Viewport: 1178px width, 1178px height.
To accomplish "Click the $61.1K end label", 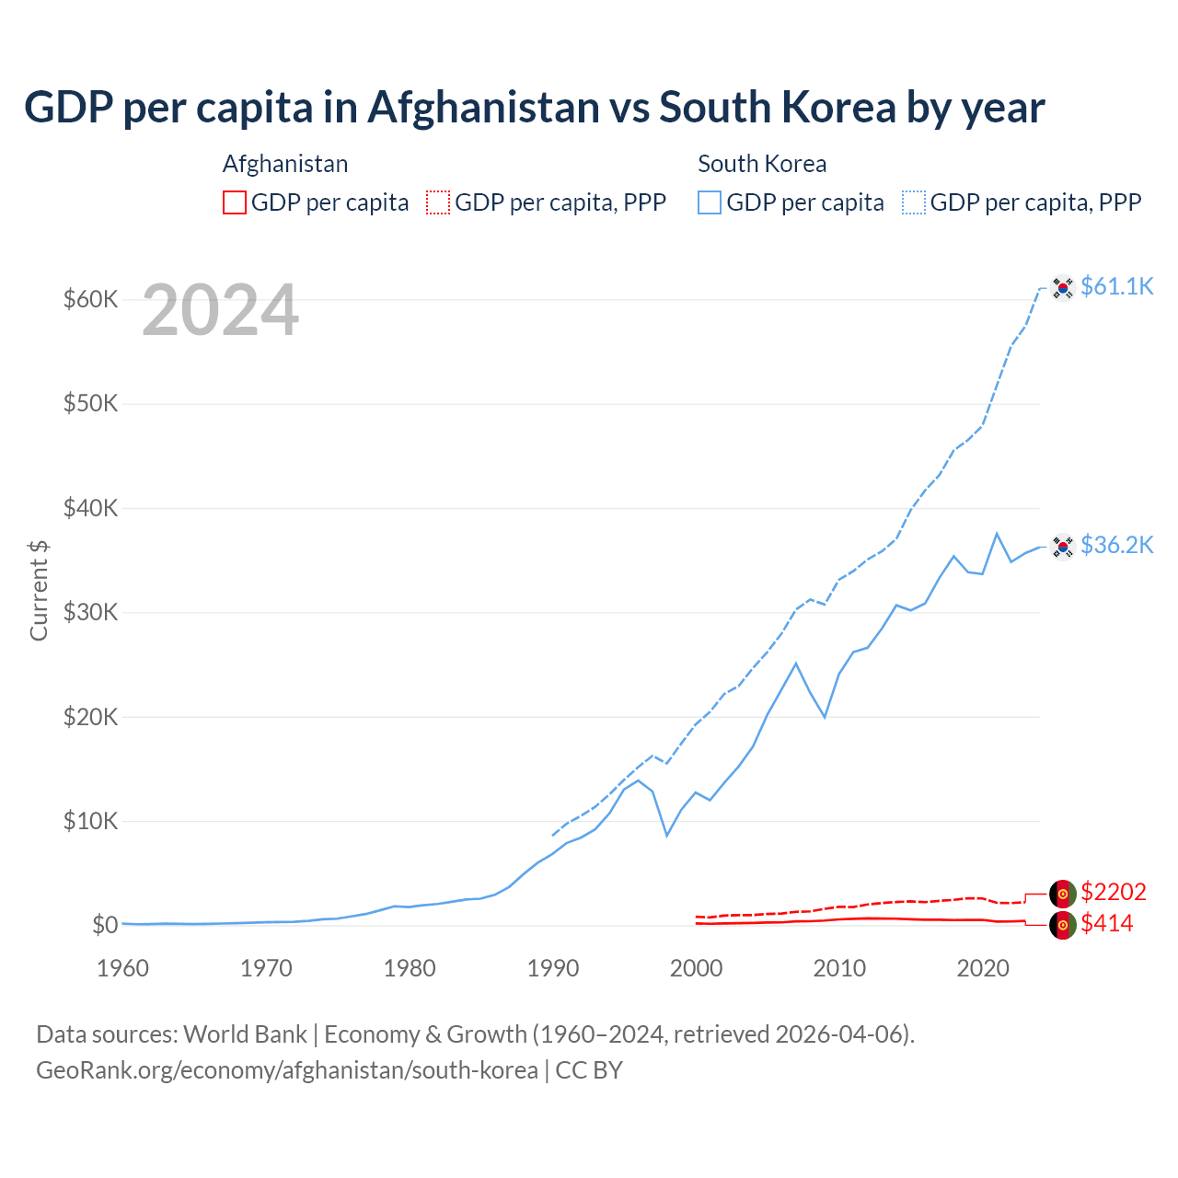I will (1116, 287).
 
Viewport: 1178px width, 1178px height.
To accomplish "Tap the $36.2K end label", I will (1116, 546).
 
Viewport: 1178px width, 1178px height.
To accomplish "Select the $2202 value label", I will (1113, 892).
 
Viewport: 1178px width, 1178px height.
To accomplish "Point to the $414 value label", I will (1106, 924).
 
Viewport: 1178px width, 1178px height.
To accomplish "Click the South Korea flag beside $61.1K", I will (1063, 288).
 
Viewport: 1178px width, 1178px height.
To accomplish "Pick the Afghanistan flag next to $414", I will (1063, 925).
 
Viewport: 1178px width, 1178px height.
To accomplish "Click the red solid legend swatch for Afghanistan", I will (235, 202).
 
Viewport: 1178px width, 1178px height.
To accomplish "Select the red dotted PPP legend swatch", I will (438, 202).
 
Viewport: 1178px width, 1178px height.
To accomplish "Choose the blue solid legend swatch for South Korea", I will (710, 202).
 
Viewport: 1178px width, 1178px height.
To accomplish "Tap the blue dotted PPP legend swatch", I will (914, 202).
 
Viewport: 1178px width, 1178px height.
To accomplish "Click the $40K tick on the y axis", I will (90, 508).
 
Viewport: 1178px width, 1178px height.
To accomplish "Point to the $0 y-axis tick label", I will (105, 925).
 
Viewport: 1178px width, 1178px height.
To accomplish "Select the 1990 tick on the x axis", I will (553, 968).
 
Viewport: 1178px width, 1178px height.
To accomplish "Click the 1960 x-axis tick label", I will (122, 968).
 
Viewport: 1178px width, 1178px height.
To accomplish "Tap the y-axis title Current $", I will (39, 590).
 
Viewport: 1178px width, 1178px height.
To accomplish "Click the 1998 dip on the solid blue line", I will (667, 836).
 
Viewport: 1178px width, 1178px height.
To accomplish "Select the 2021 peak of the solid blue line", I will (997, 533).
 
